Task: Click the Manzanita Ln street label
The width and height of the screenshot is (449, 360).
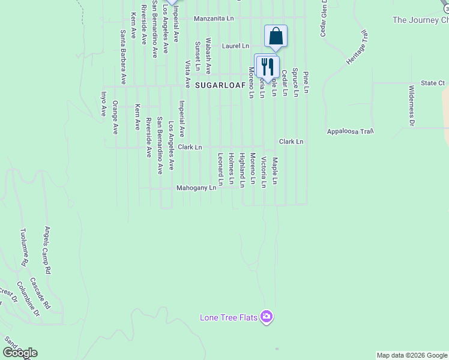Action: [214, 19]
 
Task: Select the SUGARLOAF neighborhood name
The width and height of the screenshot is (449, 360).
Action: [220, 86]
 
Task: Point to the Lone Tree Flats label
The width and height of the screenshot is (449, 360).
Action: [229, 317]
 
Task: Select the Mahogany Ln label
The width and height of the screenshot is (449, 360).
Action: [196, 188]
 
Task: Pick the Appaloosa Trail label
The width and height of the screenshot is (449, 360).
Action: [351, 131]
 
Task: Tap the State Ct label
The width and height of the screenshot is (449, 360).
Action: [432, 83]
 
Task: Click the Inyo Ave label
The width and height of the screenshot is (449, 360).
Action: [103, 103]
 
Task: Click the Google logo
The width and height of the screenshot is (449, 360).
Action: [20, 353]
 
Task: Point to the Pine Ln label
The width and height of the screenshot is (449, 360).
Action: [306, 82]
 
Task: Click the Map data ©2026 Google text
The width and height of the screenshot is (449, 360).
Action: [412, 355]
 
